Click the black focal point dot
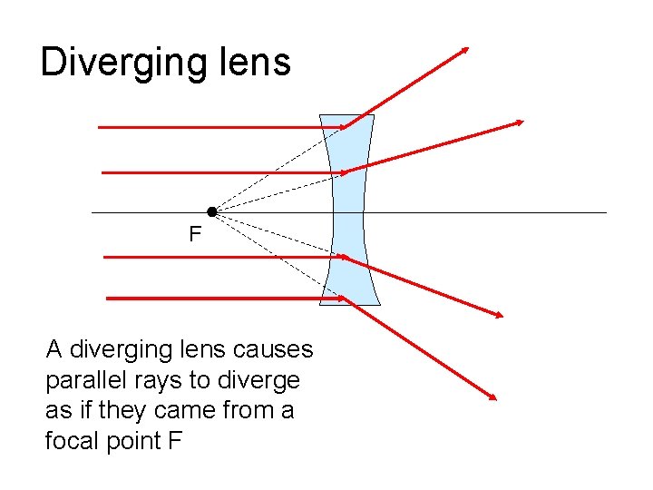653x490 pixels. click(211, 211)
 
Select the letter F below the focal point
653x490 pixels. click(194, 235)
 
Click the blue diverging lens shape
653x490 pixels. click(349, 210)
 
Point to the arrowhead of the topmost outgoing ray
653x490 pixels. click(466, 48)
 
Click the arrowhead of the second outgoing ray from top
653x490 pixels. click(521, 122)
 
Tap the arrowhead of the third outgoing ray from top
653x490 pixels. click(500, 315)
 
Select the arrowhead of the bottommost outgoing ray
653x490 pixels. click(495, 397)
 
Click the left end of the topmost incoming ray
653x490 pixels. click(99, 128)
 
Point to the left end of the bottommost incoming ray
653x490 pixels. click(108, 298)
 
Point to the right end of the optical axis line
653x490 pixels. click(606, 212)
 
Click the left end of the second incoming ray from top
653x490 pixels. click(101, 171)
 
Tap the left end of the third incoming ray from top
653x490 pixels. click(105, 258)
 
